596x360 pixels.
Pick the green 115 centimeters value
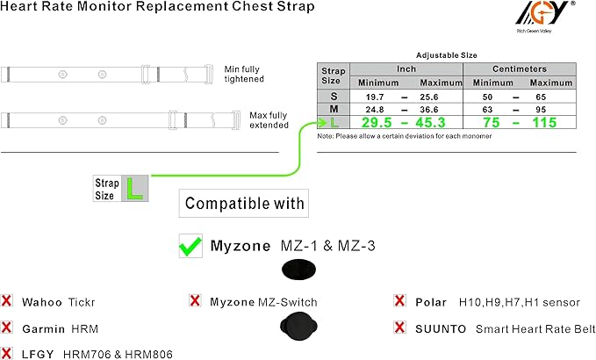click(544, 123)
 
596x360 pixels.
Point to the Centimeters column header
click(519, 68)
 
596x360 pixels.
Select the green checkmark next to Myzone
click(190, 247)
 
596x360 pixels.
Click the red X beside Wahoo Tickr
click(7, 302)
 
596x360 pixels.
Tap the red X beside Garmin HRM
click(7, 328)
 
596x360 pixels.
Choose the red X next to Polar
click(400, 302)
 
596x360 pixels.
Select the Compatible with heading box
click(245, 205)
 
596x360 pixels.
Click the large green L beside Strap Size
click(134, 189)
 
